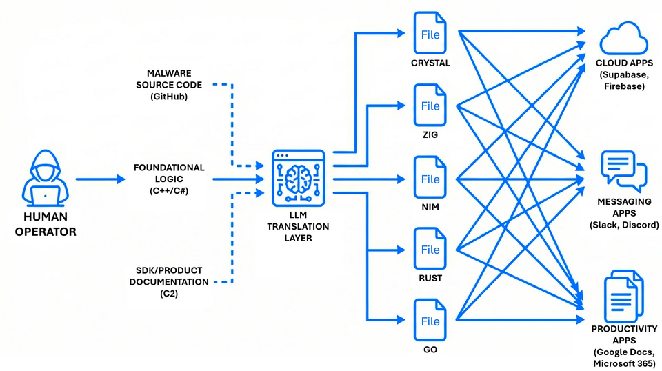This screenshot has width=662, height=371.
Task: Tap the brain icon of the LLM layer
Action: pyautogui.click(x=298, y=178)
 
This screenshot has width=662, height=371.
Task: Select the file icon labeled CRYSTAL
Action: pyautogui.click(x=430, y=33)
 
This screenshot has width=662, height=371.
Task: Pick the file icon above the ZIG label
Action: pyautogui.click(x=430, y=105)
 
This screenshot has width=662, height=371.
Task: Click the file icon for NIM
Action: pyautogui.click(x=430, y=178)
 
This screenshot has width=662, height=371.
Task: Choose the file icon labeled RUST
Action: pyautogui.click(x=430, y=249)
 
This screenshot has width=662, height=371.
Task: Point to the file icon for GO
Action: pyautogui.click(x=430, y=320)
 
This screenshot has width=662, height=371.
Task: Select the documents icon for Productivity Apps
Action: pyautogui.click(x=623, y=294)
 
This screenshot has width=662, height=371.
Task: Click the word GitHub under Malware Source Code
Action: pyautogui.click(x=168, y=97)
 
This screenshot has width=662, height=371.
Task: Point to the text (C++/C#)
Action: pyautogui.click(x=170, y=190)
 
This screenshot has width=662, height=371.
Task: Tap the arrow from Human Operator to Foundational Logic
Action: pyautogui.click(x=100, y=179)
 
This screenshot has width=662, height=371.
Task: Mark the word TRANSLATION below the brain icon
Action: pyautogui.click(x=298, y=226)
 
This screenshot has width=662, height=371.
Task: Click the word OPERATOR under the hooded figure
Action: pyautogui.click(x=45, y=232)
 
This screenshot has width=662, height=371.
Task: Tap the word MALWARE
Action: pyautogui.click(x=170, y=73)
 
